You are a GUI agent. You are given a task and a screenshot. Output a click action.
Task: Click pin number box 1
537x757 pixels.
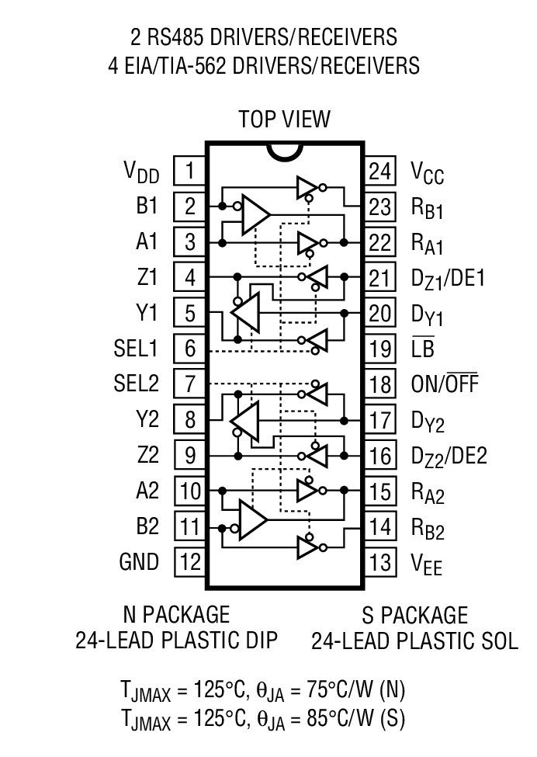click(x=190, y=170)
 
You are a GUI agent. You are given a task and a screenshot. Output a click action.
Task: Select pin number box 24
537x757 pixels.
click(x=380, y=170)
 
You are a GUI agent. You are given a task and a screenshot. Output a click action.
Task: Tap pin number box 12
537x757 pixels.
click(x=190, y=561)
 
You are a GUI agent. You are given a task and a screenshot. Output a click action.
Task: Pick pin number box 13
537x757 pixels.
click(x=380, y=561)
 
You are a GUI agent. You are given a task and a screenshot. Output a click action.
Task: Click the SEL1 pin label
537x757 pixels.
click(x=135, y=348)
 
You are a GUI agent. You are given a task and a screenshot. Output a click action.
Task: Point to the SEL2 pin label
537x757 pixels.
click(x=135, y=384)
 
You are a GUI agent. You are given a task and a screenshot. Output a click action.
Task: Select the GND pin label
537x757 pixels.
click(x=139, y=561)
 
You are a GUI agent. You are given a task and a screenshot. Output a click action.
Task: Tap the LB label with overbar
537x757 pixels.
click(x=422, y=348)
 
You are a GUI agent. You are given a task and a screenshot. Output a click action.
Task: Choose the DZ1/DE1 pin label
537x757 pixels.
click(x=449, y=278)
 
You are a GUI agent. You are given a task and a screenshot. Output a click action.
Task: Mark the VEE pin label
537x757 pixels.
click(x=428, y=563)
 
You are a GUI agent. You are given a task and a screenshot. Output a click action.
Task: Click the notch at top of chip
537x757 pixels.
click(x=284, y=151)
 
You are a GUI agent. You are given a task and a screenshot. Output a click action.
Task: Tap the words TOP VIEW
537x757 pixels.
click(x=284, y=119)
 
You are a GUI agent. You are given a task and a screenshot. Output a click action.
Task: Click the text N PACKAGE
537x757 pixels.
click(x=176, y=614)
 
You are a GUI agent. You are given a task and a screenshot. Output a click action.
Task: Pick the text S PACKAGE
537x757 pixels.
click(x=415, y=616)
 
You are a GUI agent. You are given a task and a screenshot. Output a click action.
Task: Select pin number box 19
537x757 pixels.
click(x=380, y=348)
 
